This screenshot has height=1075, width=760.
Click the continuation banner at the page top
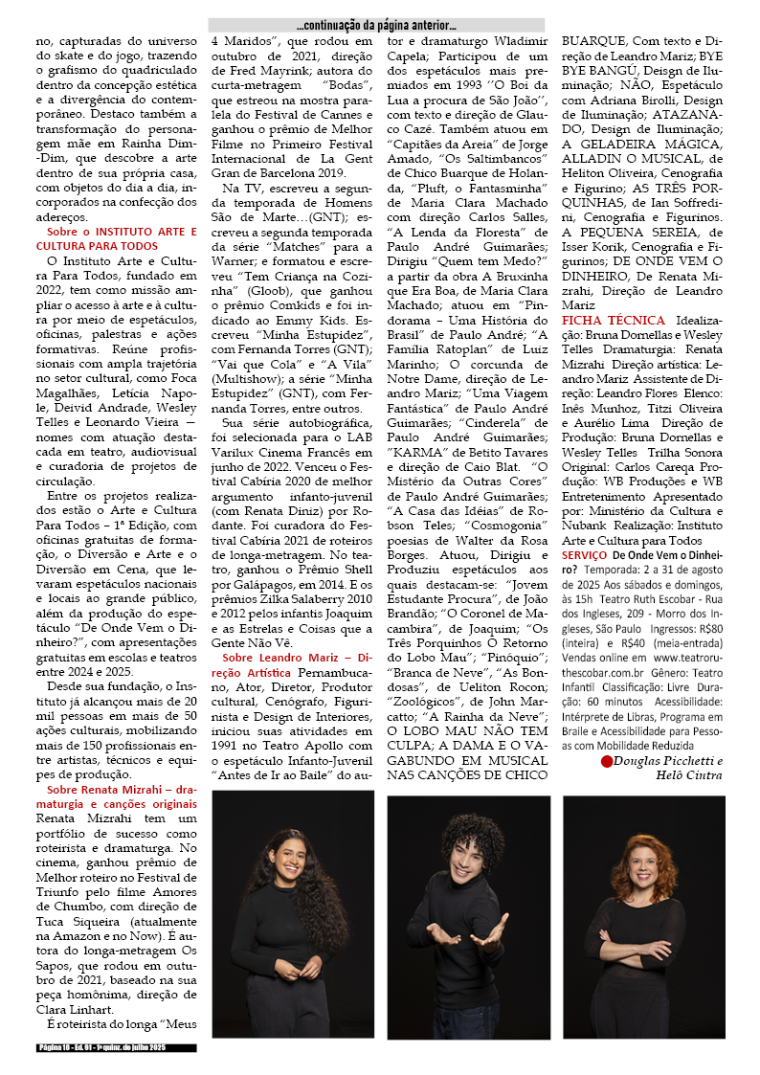tap(376, 25)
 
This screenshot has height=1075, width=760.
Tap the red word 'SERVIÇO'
tap(584, 555)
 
